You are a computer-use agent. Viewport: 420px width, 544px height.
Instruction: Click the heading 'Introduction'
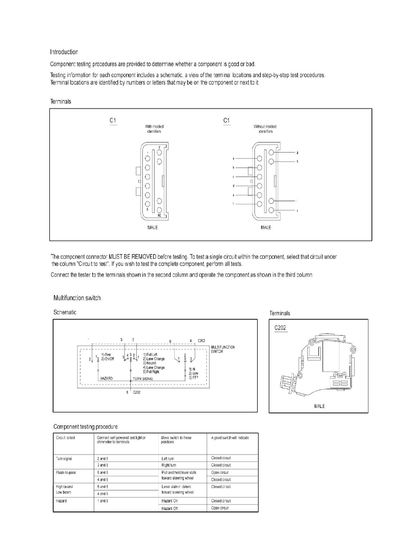64,52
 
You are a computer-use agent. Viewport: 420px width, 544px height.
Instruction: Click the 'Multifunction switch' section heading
77,298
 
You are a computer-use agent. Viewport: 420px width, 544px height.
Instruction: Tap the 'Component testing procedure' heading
86,427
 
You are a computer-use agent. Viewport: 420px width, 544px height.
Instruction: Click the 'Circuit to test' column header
65,438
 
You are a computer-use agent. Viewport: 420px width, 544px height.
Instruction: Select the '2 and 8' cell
103,458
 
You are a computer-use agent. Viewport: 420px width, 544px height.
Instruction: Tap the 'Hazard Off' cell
170,508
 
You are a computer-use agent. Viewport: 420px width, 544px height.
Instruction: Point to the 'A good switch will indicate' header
230,438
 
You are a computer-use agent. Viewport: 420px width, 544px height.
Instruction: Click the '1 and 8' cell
103,500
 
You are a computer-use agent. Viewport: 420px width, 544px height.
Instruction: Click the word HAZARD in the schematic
107,379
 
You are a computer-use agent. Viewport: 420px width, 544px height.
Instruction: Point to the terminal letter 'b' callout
233,168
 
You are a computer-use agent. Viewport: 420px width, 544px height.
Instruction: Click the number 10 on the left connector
159,215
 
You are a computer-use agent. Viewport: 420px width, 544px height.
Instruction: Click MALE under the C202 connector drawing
320,406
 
